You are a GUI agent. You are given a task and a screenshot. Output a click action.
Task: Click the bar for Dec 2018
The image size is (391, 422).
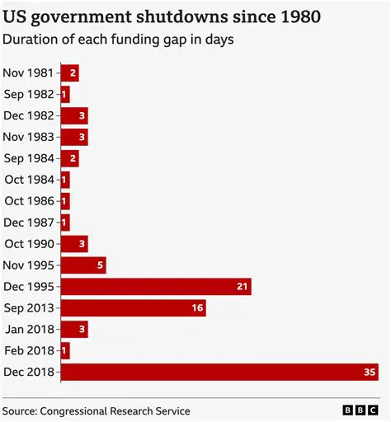(219, 372)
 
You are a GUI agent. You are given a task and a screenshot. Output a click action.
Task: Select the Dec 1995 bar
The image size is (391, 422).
(156, 286)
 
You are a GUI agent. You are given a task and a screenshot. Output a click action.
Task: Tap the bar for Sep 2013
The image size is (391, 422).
(133, 307)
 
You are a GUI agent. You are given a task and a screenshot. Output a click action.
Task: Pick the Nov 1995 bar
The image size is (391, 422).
(83, 265)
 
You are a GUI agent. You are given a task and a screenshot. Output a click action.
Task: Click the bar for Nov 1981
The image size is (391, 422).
(70, 73)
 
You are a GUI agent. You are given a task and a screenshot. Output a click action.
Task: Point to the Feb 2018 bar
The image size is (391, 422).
(65, 350)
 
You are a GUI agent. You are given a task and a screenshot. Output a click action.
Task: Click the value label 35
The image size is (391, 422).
(370, 372)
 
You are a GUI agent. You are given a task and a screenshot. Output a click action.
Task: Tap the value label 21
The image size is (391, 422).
(243, 286)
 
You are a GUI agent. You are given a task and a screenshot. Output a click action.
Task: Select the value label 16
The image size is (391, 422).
(196, 307)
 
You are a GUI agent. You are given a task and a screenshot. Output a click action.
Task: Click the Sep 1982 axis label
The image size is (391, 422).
(29, 94)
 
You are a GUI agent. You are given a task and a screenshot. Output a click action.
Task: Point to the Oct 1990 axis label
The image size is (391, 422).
(30, 243)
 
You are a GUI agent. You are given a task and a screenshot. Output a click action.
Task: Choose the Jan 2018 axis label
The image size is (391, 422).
(30, 329)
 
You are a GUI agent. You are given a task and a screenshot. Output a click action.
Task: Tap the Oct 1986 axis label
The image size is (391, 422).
(30, 200)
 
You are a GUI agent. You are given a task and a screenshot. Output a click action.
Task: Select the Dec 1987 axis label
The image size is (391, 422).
(30, 222)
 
